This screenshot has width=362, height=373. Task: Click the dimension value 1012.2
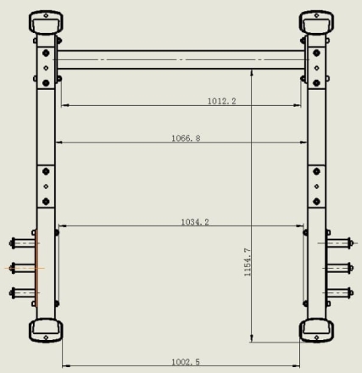[x=221, y=101]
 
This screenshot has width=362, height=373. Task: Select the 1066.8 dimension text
[x=186, y=138]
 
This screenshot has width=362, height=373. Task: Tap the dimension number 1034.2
[x=195, y=222]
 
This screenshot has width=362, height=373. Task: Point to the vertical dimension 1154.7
[x=248, y=262]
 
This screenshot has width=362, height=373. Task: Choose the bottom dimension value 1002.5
[x=186, y=362]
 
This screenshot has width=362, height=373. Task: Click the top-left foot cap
[x=46, y=22]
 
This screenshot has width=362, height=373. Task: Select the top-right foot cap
[x=316, y=22]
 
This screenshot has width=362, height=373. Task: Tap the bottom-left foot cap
[x=46, y=331]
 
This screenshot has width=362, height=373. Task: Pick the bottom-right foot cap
[x=316, y=331]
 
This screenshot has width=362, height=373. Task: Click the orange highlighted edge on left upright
[x=36, y=269]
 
